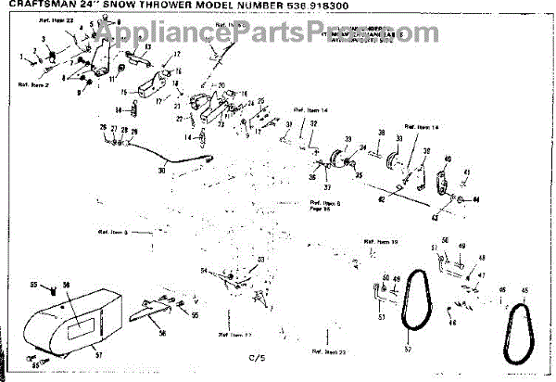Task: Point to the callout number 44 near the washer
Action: click(x=475, y=201)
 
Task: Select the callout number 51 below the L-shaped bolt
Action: click(x=380, y=317)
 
